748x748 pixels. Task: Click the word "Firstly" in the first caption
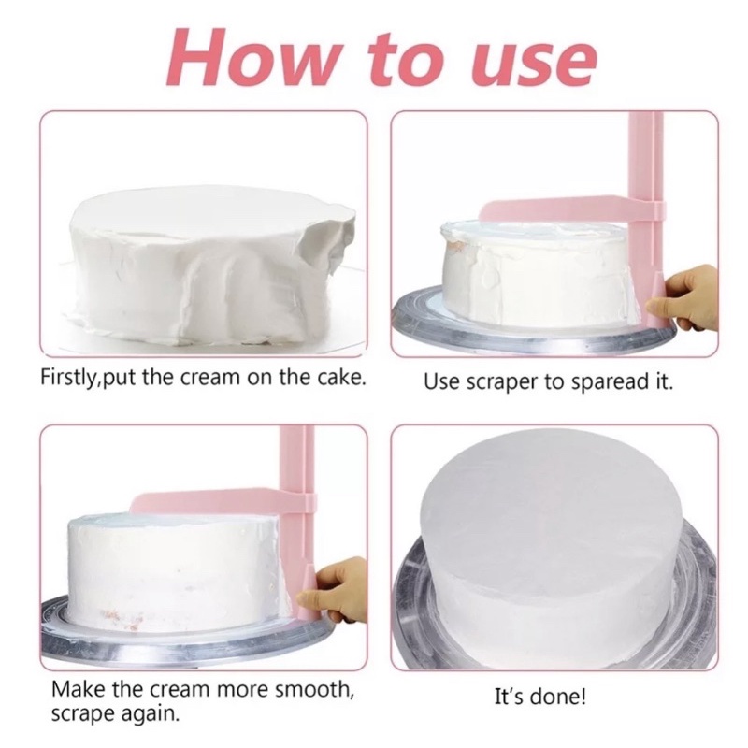pyautogui.click(x=68, y=378)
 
